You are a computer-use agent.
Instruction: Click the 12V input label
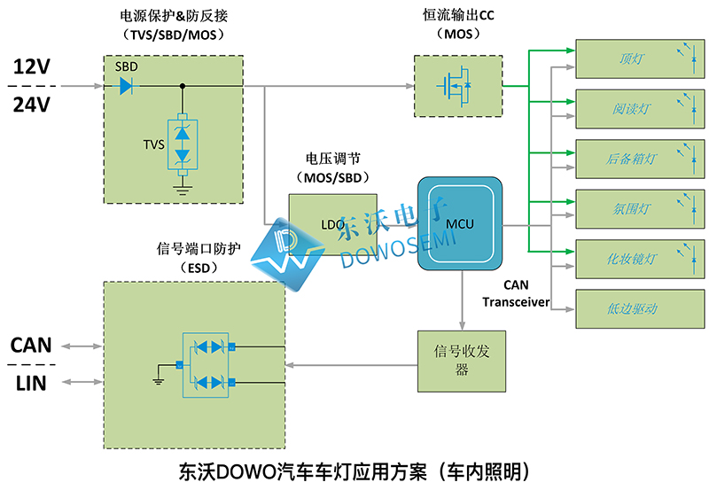tap(33, 67)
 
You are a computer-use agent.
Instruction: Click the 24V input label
tap(33, 105)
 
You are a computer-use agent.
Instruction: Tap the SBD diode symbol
tap(126, 86)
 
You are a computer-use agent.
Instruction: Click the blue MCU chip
tap(461, 223)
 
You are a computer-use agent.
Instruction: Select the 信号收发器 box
tap(461, 361)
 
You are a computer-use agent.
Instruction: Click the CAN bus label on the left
tap(31, 345)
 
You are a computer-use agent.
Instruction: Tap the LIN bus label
tap(29, 383)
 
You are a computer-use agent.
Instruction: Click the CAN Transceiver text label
tap(516, 294)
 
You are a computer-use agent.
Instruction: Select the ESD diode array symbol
tap(207, 364)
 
